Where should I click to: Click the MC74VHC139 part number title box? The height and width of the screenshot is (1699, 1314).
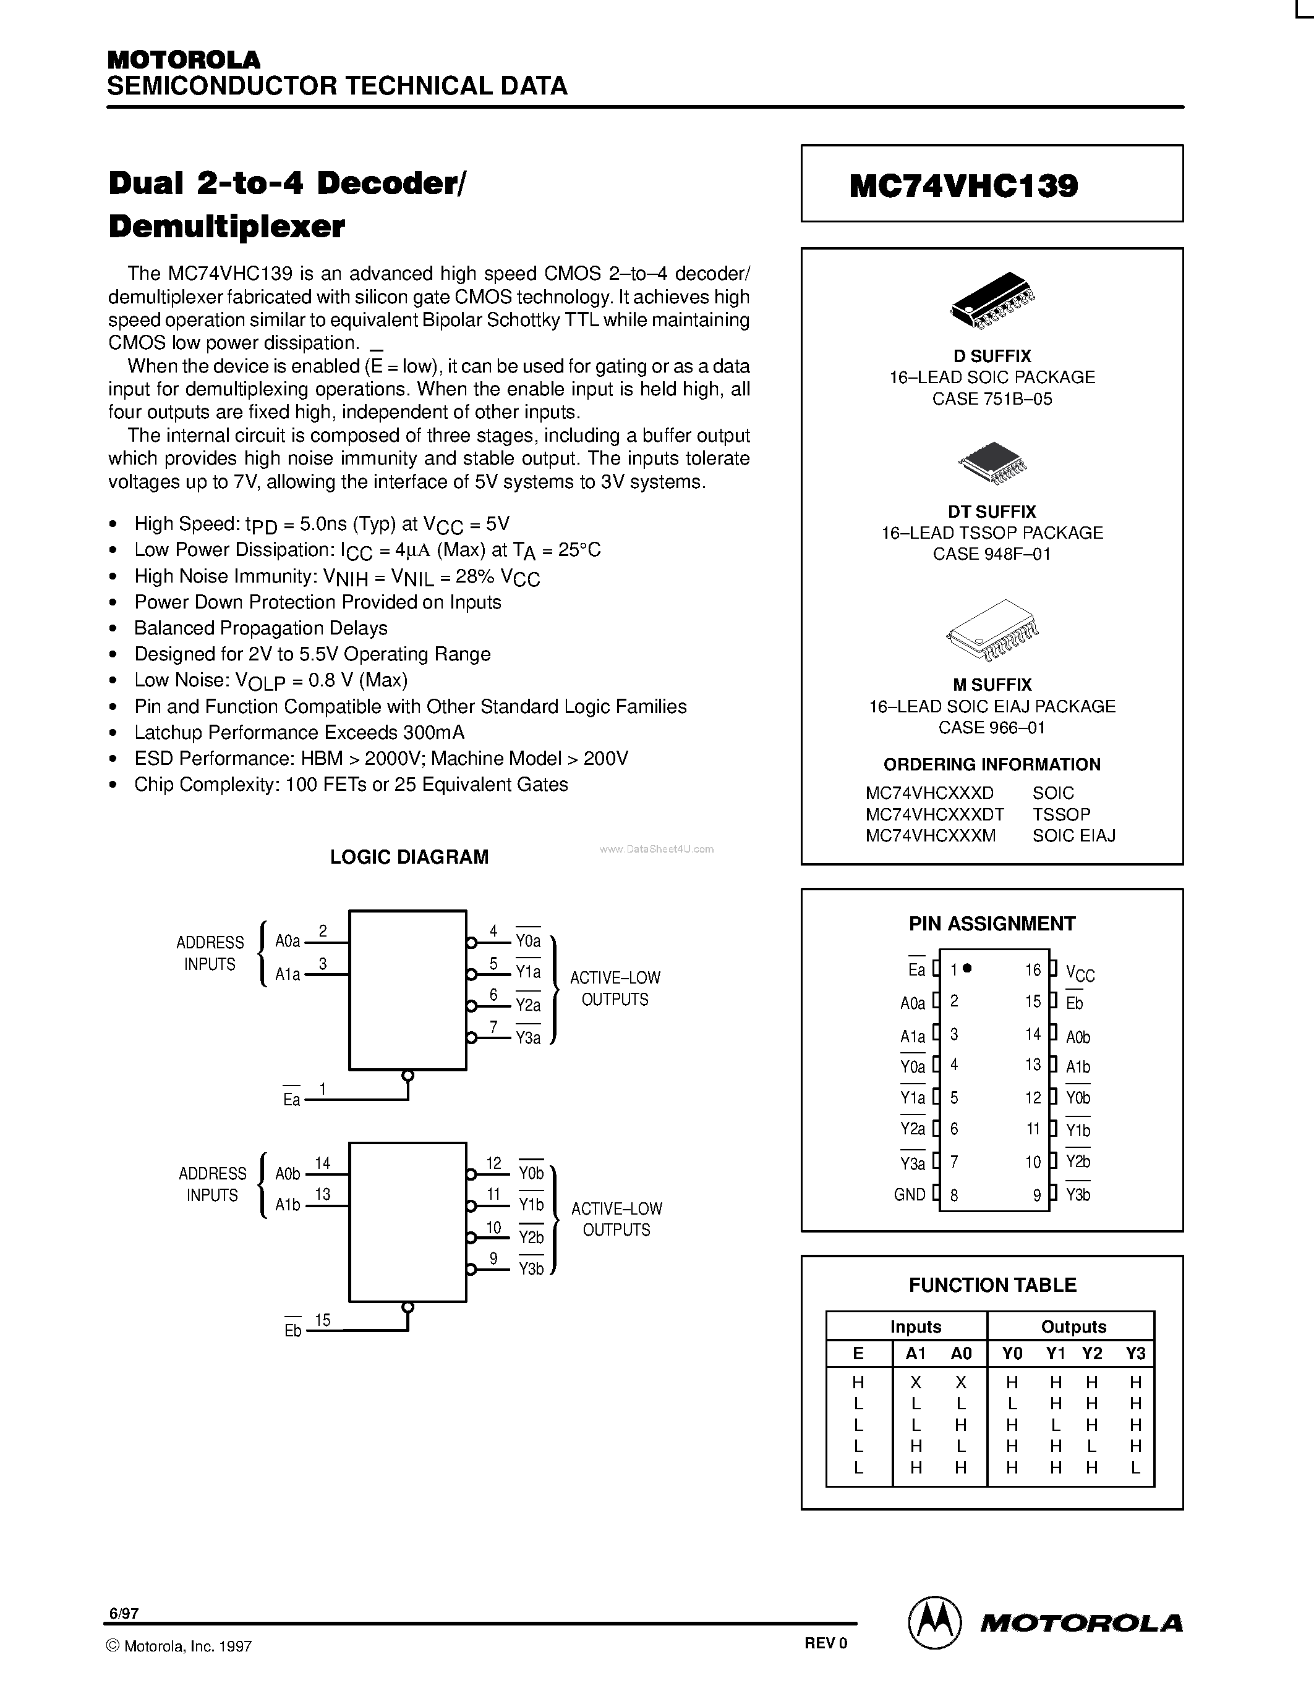[x=991, y=183]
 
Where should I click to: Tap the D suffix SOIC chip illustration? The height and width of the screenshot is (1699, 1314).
[x=992, y=299]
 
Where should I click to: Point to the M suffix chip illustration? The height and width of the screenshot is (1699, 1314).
[x=992, y=630]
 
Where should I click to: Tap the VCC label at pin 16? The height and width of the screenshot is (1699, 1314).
[x=1080, y=973]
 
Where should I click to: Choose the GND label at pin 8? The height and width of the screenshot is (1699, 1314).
[x=909, y=1194]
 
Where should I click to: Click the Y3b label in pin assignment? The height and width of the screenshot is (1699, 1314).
[x=1078, y=1194]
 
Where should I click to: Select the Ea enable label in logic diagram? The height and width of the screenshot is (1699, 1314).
[x=292, y=1099]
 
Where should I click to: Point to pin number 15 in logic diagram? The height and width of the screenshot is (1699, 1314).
[x=322, y=1320]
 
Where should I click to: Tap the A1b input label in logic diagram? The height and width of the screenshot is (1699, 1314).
[x=288, y=1204]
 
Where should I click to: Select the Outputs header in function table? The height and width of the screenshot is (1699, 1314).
[x=1073, y=1326]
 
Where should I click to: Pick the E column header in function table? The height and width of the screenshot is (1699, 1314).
[x=858, y=1354]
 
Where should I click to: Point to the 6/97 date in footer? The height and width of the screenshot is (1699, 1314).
[x=123, y=1613]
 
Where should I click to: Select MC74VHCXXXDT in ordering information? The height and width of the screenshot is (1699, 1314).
[x=934, y=814]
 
